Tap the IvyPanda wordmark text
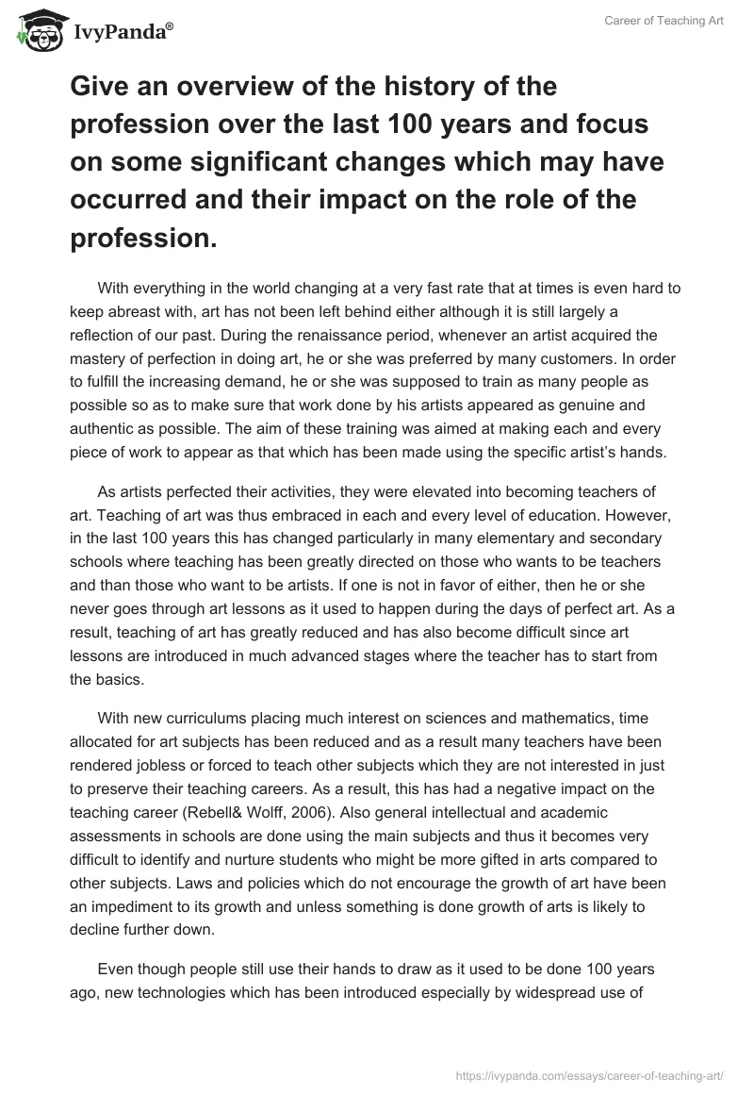pyautogui.click(x=122, y=33)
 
